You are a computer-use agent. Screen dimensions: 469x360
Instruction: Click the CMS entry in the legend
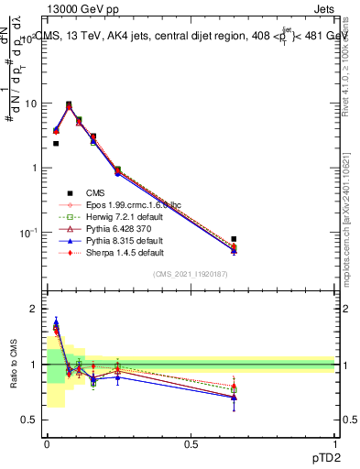click(x=97, y=192)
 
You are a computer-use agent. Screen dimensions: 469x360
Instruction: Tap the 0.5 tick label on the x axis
click(x=191, y=444)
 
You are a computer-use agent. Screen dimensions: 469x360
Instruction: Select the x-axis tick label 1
click(x=335, y=444)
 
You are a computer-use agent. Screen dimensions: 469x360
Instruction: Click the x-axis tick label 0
click(x=46, y=444)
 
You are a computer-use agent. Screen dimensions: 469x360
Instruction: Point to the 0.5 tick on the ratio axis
click(x=29, y=420)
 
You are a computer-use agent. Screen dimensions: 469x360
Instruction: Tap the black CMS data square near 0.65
click(x=234, y=239)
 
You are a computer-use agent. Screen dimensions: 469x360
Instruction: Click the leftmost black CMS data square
click(x=56, y=143)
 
